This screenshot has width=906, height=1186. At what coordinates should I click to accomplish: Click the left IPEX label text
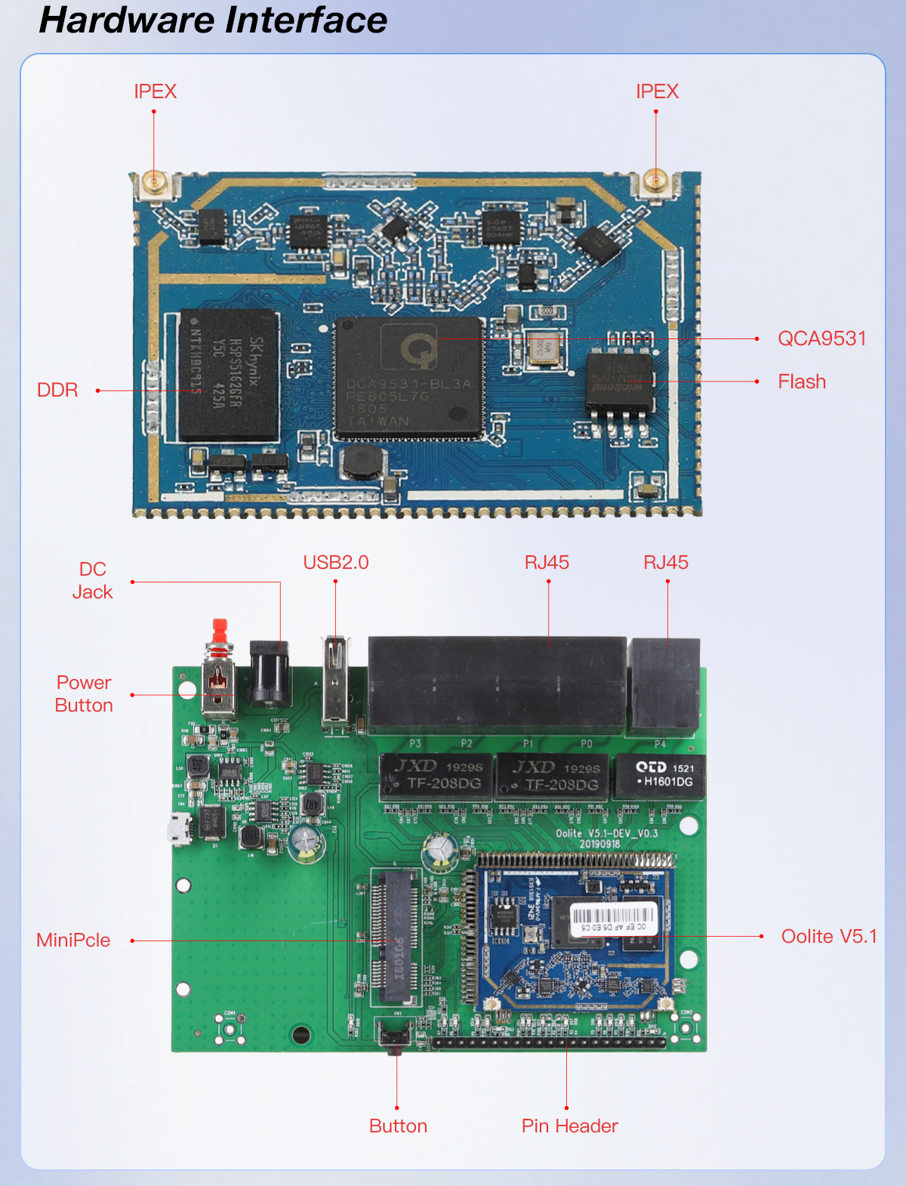155,91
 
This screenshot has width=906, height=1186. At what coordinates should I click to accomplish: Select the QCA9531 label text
821,338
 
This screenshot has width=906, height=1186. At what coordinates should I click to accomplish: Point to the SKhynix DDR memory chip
229,375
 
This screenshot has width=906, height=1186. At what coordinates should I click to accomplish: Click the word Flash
802,381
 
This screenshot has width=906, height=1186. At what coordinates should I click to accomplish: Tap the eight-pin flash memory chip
619,382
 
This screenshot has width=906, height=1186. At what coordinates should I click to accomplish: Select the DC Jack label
92,580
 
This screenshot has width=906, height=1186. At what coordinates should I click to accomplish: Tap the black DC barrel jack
270,672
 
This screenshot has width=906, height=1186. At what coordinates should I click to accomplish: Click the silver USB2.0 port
335,680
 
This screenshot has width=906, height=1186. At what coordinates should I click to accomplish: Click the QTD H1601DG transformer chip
660,776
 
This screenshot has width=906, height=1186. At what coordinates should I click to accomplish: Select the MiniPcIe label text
73,940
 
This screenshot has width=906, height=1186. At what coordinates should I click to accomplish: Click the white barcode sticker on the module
613,918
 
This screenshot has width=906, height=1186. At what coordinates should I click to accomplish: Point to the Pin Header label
569,1126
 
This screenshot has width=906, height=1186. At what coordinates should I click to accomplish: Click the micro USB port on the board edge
179,829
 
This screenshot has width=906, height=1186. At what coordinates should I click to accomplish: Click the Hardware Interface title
213,20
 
